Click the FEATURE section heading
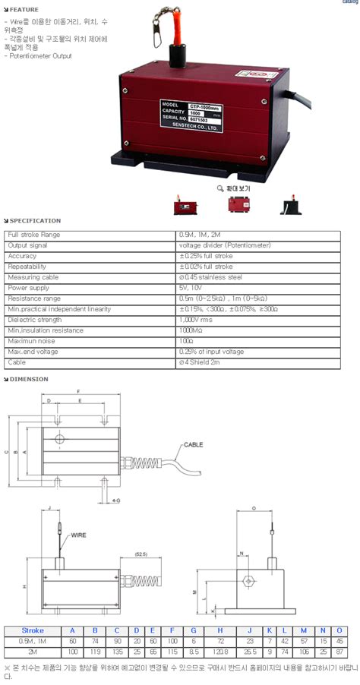(x=24, y=10)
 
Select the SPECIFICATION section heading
(x=34, y=221)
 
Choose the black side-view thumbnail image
(x=289, y=206)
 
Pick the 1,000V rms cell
(x=197, y=320)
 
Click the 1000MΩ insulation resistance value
(x=192, y=330)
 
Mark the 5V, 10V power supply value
(x=190, y=288)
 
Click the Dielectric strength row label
(x=35, y=320)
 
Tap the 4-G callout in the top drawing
(x=115, y=501)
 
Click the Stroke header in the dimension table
(x=32, y=630)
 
